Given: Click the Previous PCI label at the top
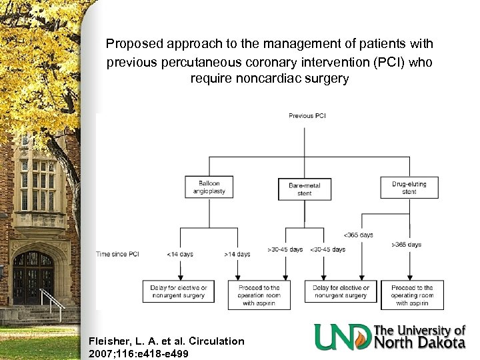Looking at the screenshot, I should click(x=307, y=116).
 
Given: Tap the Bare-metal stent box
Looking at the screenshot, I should click(x=305, y=189).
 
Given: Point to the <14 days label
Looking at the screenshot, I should click(x=180, y=254).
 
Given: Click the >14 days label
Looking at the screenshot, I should click(x=237, y=254).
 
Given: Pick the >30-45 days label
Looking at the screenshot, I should click(x=286, y=249).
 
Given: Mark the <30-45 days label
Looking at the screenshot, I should click(x=327, y=249).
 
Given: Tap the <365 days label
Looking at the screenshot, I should click(x=359, y=235).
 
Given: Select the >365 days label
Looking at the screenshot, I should click(x=407, y=245).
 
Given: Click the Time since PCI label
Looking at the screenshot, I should click(x=117, y=254).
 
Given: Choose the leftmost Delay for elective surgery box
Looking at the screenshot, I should click(x=179, y=291).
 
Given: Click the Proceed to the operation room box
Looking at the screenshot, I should click(x=259, y=295).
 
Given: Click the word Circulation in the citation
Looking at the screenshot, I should click(x=216, y=341).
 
